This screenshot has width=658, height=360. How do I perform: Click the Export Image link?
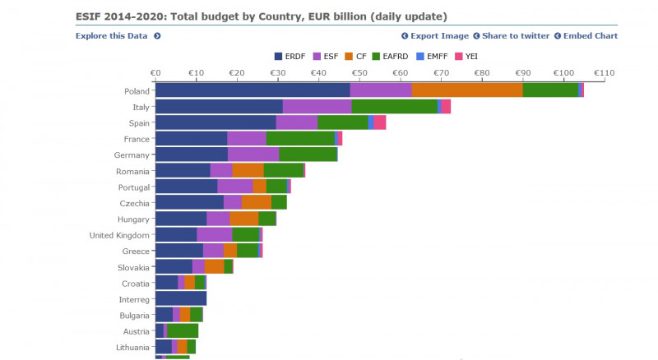439,36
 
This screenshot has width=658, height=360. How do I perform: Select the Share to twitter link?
516,36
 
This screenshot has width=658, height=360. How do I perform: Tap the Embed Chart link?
590,36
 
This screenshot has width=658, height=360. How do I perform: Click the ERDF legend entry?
291,56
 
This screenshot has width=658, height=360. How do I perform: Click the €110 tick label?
604,73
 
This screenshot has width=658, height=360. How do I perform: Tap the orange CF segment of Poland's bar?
467,90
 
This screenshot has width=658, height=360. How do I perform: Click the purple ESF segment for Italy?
317,107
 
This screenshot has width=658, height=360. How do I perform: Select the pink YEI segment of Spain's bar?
380,122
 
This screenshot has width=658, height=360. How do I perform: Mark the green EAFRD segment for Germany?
308,155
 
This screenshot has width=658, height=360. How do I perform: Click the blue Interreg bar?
181,298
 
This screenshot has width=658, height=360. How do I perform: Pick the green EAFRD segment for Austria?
183,330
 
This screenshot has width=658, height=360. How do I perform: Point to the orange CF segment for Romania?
248,171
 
